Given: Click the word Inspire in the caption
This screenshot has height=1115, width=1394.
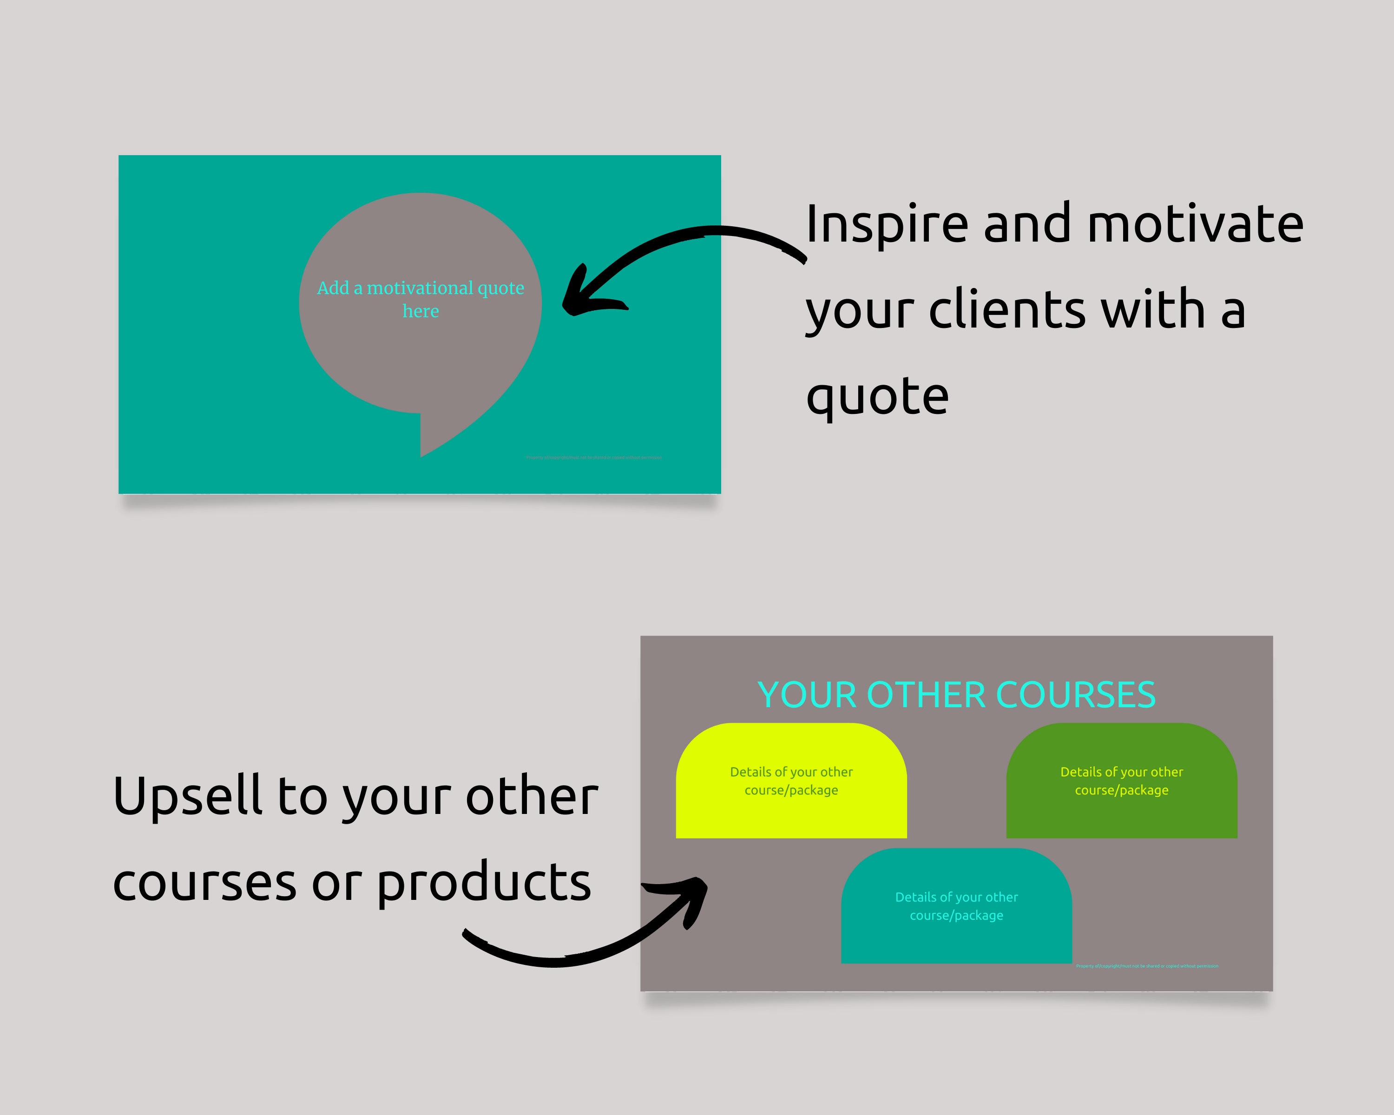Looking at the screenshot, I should (887, 225).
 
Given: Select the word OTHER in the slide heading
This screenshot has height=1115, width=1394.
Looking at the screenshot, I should (926, 695).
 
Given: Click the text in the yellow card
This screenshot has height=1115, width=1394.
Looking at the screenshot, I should (791, 781).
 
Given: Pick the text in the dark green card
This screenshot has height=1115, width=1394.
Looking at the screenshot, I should (1121, 781).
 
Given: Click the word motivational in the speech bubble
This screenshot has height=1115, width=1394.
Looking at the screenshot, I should (420, 289).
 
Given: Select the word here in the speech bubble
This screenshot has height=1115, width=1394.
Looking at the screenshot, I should (420, 312).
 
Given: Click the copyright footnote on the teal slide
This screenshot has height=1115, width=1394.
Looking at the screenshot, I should (593, 458).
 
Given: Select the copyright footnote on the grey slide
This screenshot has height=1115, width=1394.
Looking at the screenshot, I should (1146, 966).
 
